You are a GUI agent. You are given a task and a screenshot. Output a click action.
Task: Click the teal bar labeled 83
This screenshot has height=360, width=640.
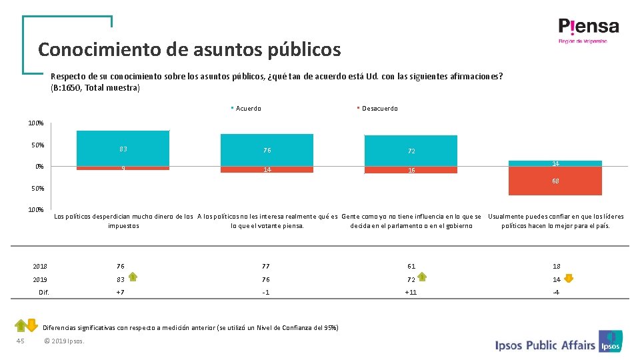[123, 148]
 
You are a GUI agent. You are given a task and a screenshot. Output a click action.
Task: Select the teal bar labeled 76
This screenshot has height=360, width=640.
[267, 150]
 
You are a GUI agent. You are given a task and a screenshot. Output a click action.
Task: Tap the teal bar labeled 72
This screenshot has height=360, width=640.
[411, 151]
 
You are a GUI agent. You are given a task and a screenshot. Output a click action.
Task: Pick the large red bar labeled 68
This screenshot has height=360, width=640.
[555, 181]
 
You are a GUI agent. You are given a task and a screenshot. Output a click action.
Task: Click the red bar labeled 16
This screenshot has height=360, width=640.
[411, 170]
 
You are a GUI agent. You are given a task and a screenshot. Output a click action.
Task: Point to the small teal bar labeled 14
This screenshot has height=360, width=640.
[555, 163]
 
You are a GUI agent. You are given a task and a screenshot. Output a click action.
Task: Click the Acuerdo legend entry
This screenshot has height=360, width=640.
[246, 108]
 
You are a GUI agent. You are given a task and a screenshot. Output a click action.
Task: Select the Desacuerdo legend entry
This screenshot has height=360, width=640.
[377, 108]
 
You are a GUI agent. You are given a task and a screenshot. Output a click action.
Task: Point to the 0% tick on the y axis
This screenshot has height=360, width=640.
[39, 167]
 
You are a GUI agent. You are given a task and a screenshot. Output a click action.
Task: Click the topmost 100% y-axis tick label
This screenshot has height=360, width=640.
[36, 123]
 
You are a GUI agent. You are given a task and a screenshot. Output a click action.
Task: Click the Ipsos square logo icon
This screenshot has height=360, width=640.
[610, 341]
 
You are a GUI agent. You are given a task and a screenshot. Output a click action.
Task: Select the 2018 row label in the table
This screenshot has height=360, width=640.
[40, 266]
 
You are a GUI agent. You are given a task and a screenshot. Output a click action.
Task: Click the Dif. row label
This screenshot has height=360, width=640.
[44, 292]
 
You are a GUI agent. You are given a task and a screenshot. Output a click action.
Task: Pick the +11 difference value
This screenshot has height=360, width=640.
[411, 292]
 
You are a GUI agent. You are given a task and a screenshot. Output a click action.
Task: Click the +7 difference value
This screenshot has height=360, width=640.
[120, 292]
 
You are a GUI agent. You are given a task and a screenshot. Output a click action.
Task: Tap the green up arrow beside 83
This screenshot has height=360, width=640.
[133, 277]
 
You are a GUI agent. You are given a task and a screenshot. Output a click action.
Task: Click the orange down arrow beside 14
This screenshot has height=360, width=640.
[569, 279]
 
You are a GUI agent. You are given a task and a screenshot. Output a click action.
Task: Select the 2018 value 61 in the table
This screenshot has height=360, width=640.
[411, 266]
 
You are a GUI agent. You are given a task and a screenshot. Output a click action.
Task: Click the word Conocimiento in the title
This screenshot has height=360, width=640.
[99, 49]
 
